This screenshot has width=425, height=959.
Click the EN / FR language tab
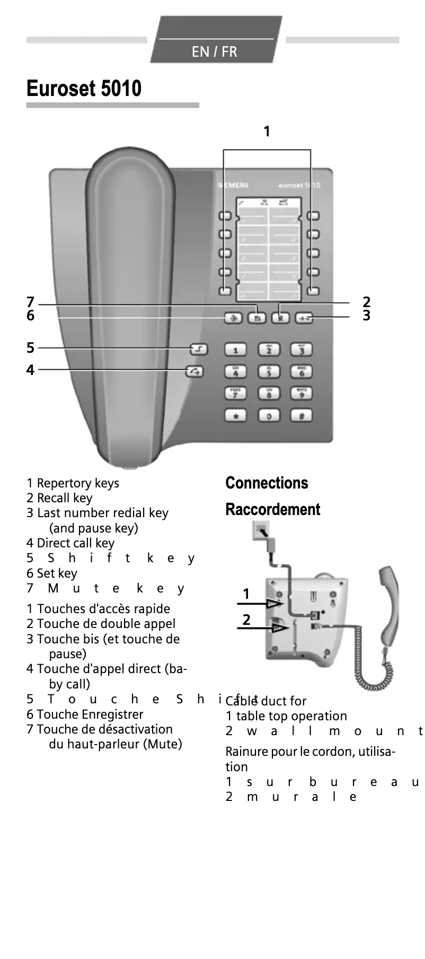pyautogui.click(x=215, y=51)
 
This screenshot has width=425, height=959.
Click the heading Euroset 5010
pyautogui.click(x=84, y=88)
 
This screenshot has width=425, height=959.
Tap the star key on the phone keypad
pyautogui.click(x=236, y=416)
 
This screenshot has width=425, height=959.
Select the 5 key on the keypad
pyautogui.click(x=269, y=372)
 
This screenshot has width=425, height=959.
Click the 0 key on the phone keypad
pyautogui.click(x=269, y=416)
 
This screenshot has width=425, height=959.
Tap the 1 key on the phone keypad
pyautogui.click(x=236, y=350)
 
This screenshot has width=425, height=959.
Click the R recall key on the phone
pyautogui.click(x=280, y=318)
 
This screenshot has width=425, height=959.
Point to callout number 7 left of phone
pyautogui.click(x=30, y=302)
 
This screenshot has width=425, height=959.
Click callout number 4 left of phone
pyautogui.click(x=30, y=370)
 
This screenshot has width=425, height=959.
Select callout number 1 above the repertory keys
pyautogui.click(x=267, y=131)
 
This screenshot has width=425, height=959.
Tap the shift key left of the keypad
pyautogui.click(x=199, y=349)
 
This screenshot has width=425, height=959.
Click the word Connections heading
pyautogui.click(x=267, y=483)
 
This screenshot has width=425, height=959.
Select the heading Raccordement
pyautogui.click(x=272, y=509)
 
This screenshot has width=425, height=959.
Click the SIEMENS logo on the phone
pyautogui.click(x=233, y=185)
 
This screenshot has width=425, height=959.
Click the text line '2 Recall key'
pyautogui.click(x=59, y=498)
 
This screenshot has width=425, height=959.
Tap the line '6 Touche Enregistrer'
pyautogui.click(x=85, y=714)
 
